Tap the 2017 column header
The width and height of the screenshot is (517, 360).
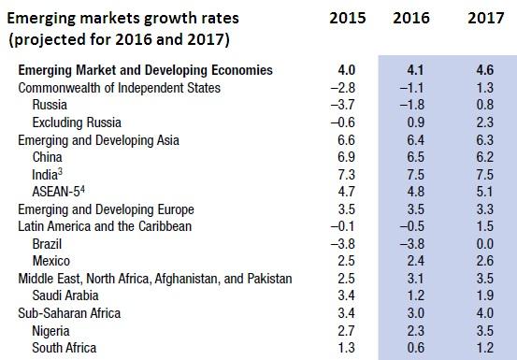[478, 17]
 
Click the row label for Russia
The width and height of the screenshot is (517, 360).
[49, 105]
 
